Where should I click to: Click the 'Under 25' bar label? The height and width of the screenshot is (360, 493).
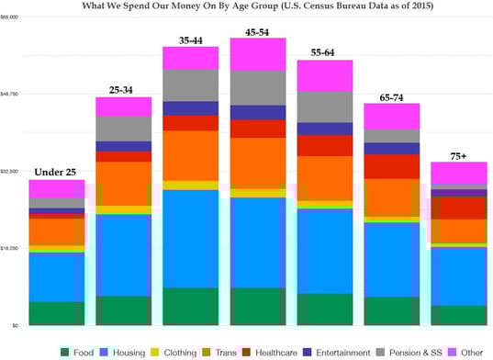click(x=56, y=172)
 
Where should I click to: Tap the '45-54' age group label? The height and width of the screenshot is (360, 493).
click(x=258, y=30)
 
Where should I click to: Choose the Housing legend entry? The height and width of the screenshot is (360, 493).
click(x=132, y=352)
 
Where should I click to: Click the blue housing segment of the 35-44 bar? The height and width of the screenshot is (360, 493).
click(x=191, y=239)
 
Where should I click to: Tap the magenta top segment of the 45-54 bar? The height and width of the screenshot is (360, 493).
click(x=258, y=54)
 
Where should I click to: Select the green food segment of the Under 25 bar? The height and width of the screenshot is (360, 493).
click(x=56, y=313)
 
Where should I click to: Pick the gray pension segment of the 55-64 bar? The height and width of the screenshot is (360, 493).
click(x=325, y=106)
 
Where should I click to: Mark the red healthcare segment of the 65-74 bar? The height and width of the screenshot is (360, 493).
click(x=392, y=166)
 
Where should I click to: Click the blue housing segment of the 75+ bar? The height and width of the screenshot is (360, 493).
click(x=459, y=276)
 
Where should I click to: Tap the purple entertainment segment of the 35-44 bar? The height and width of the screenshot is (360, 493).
click(x=191, y=108)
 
